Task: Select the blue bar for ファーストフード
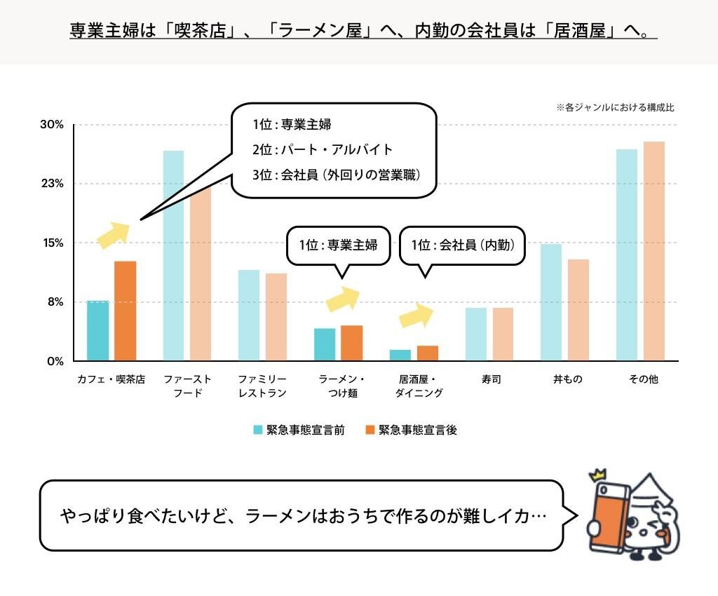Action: point(174,255)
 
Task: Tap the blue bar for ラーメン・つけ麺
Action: point(325,344)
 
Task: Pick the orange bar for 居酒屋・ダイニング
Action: point(428,353)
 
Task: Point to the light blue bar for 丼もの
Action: point(551,302)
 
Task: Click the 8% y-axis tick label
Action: point(55,302)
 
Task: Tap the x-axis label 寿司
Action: point(491,379)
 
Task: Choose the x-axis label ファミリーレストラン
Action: point(262,386)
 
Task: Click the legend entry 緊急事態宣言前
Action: point(298,430)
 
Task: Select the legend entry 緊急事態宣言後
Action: point(410,430)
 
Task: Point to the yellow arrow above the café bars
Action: point(113,235)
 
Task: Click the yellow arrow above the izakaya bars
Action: point(416,316)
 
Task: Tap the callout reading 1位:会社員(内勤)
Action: point(462,245)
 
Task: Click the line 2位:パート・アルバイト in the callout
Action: point(323,149)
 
